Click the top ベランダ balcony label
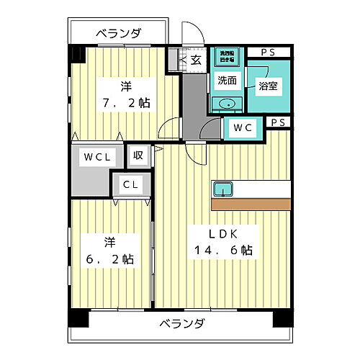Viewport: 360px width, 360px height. pos(119,33)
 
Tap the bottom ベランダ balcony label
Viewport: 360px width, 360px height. pos(181,322)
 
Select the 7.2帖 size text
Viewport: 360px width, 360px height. pos(125,103)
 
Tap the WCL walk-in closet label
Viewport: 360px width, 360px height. pos(96,156)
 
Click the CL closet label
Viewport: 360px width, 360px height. pos(130,184)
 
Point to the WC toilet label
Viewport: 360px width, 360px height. pos(241,128)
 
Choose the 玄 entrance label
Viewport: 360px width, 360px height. pos(196,60)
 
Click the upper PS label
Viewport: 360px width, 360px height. pos(268,52)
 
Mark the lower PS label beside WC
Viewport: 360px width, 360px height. pos(279,122)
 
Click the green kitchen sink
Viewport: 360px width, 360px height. pos(222,189)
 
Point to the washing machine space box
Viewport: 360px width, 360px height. pos(226,55)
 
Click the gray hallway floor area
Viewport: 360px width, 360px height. pos(193,104)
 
